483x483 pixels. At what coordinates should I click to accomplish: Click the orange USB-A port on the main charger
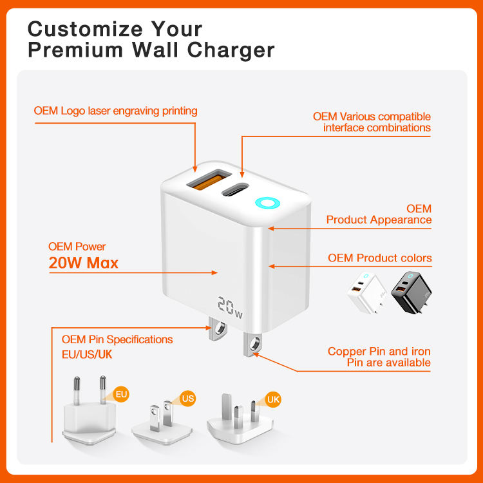click(x=209, y=180)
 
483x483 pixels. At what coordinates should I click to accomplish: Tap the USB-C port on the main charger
click(x=235, y=189)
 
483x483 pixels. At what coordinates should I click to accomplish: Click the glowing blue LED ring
click(x=267, y=203)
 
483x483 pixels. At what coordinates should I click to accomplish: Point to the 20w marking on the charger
click(x=230, y=307)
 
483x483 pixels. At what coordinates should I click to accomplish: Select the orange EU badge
click(x=121, y=394)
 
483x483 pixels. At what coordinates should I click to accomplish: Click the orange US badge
click(x=187, y=398)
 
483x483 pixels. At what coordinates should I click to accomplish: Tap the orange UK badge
click(x=273, y=399)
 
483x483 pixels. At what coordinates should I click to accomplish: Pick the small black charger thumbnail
click(x=412, y=292)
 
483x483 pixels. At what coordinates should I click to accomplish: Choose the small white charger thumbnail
click(x=366, y=292)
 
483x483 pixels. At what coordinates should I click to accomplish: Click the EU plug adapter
click(x=90, y=412)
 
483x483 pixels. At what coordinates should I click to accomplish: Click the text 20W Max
click(x=84, y=263)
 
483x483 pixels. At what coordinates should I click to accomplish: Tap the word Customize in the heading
click(x=85, y=29)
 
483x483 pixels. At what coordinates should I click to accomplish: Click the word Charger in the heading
click(x=231, y=50)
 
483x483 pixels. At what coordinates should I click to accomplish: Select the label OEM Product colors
click(x=380, y=258)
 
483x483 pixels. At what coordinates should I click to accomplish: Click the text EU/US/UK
click(x=87, y=355)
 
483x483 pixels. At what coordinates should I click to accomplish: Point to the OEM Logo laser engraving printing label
click(x=115, y=111)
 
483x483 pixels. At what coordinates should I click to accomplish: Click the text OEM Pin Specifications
click(x=117, y=339)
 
